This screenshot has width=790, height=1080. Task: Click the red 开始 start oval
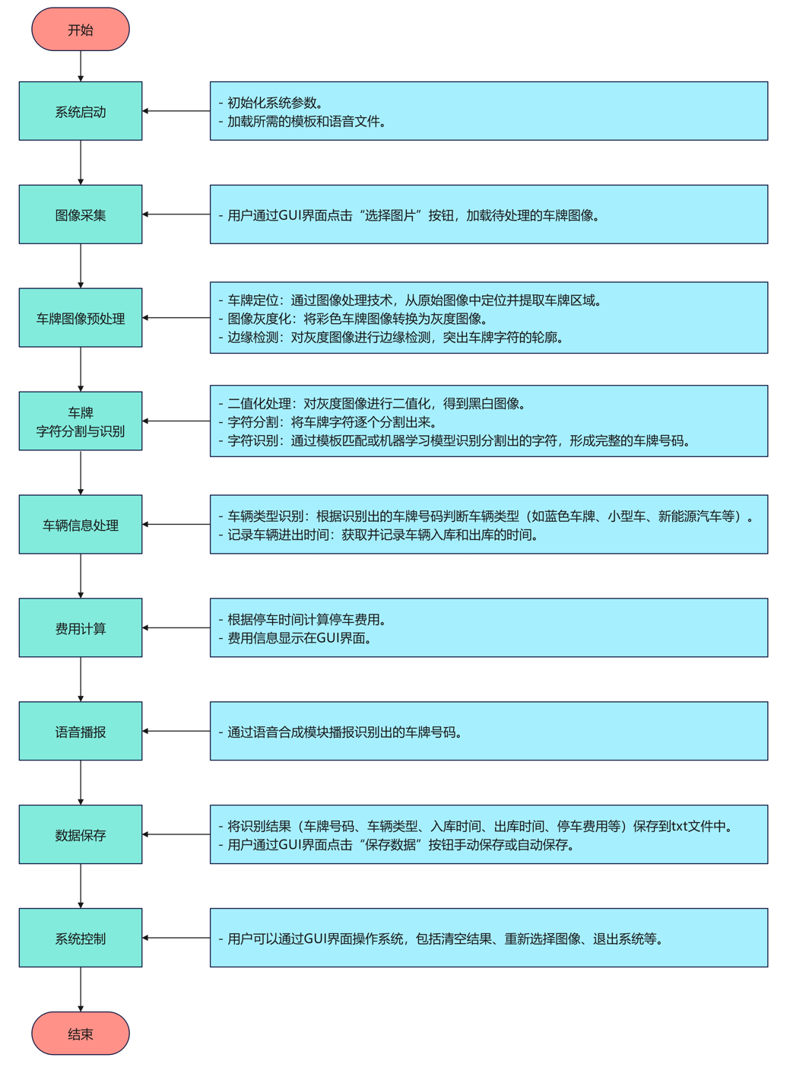(81, 30)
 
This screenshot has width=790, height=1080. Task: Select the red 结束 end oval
(81, 1033)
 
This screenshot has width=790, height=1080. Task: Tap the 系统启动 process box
(81, 111)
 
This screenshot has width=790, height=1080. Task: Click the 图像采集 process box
(81, 214)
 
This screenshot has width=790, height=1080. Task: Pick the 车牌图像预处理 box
(81, 318)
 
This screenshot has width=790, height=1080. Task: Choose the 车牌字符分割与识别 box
(81, 421)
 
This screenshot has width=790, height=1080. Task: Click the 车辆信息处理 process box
(81, 525)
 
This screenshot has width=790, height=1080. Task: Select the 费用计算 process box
(81, 628)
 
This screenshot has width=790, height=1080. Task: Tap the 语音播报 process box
(81, 732)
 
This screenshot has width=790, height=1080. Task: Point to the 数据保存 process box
(81, 834)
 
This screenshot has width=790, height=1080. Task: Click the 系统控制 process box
(81, 938)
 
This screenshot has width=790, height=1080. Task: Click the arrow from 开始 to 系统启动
(81, 66)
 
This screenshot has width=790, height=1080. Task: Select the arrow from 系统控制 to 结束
(81, 989)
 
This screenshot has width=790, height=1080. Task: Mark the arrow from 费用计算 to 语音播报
(81, 679)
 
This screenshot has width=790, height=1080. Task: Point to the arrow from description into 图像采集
(176, 214)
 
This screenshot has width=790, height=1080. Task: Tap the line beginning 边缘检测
(392, 337)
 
